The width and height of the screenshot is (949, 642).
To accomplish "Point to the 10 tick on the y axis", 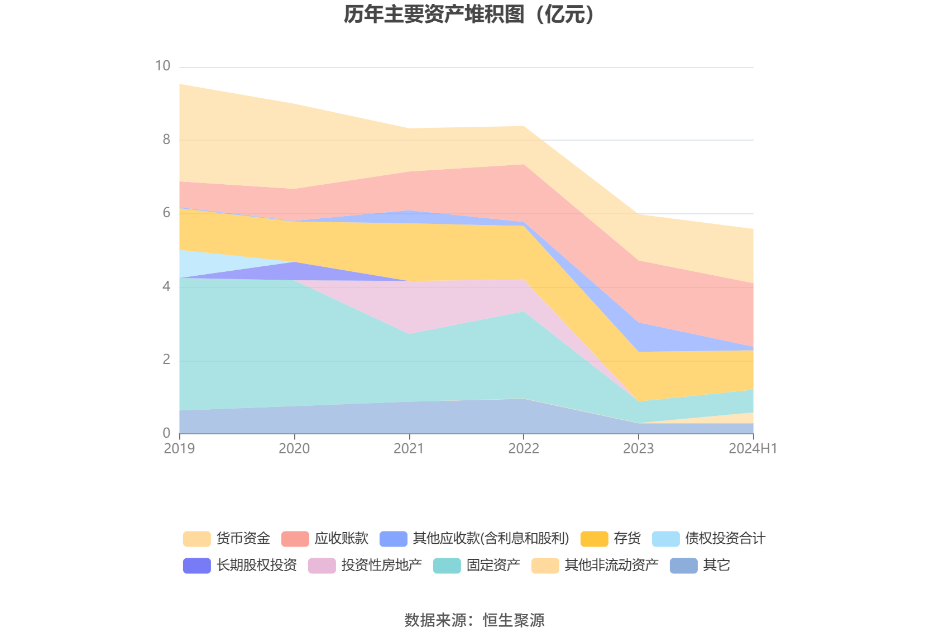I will coord(162,66).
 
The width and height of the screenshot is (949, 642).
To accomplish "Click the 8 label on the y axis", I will coord(166,140).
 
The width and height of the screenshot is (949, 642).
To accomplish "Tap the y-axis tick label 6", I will coord(166,213).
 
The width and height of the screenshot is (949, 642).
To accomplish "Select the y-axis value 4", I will coord(166,286).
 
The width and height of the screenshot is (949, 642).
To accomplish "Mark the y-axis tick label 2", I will coord(166,360).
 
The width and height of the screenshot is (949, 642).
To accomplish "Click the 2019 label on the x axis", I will coord(179,448).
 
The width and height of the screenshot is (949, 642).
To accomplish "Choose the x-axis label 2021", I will coord(409,448).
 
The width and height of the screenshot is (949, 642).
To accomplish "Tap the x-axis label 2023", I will coord(638,448).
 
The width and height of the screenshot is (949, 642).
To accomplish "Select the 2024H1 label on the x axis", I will coord(753,448).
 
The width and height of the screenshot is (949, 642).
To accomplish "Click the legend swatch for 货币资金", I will coord(196,539).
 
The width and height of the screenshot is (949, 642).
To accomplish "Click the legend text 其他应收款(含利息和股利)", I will coord(491,538).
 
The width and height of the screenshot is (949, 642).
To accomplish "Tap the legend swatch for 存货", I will coord(594,539).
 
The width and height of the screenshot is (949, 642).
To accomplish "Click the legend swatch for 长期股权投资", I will coord(196,566).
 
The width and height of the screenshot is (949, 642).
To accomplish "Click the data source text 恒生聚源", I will coord(513,620).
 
